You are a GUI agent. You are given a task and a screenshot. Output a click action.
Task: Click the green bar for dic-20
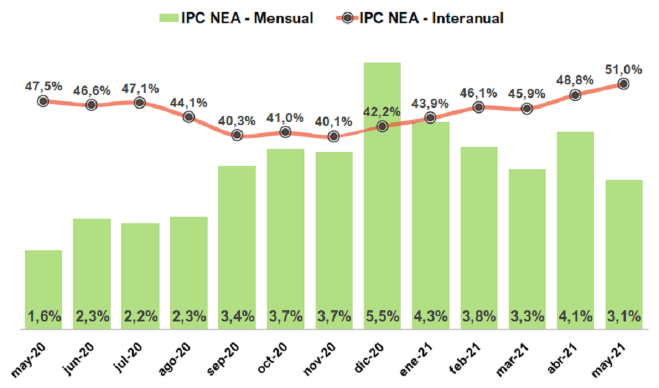382,198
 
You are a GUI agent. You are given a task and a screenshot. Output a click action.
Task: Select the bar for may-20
43,290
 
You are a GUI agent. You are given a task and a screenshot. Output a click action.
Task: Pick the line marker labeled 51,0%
623,84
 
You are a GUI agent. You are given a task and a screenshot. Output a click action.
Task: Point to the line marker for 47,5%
43,101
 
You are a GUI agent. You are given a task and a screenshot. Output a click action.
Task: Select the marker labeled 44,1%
188,117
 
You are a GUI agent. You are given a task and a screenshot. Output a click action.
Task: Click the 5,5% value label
382,316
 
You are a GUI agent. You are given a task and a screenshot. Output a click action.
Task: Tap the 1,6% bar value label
43,316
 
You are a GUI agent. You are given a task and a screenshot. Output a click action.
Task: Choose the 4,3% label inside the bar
430,316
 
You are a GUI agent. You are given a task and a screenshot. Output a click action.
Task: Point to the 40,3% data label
236,120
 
